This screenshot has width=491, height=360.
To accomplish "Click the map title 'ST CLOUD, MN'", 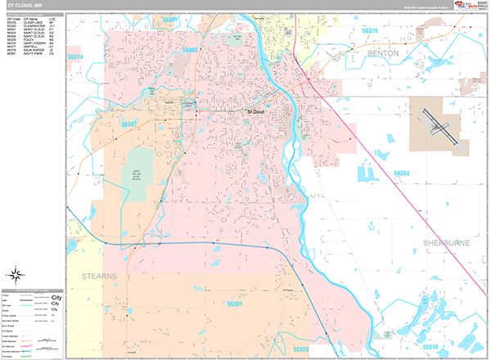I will click(x=24, y=5).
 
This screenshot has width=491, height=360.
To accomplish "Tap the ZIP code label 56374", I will click(x=76, y=57).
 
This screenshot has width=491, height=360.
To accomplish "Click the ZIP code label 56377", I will click(x=170, y=17).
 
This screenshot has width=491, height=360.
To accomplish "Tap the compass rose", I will click(x=16, y=274).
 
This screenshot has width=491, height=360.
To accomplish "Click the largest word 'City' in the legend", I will click(x=56, y=297).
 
